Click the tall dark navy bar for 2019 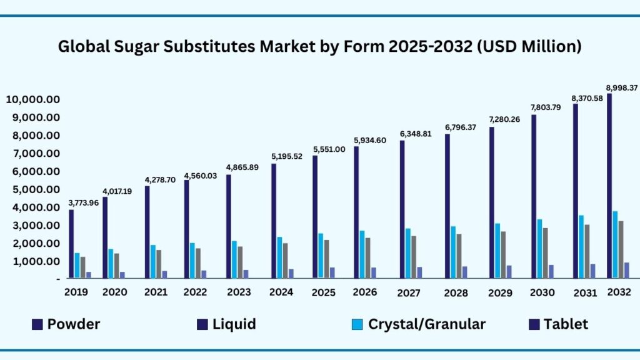[71, 244]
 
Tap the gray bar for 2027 [414, 256]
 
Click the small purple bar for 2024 [291, 273]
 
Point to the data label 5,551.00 [328, 149]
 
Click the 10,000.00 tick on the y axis [32, 99]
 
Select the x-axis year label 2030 [542, 292]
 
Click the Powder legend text [74, 324]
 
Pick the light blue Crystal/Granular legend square [357, 324]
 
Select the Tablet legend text [566, 324]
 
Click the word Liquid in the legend [234, 324]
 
